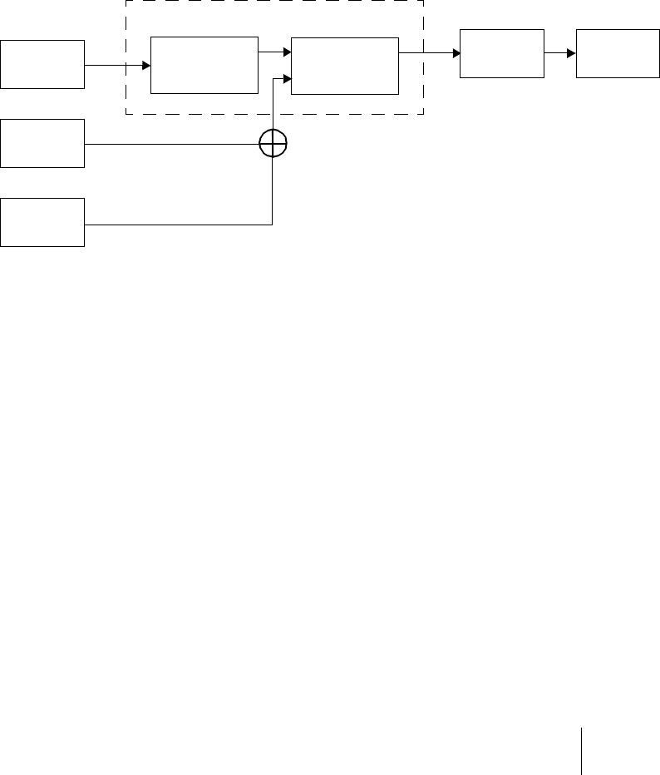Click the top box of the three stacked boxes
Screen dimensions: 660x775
pos(42,64)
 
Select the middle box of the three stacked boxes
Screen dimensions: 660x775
pos(42,143)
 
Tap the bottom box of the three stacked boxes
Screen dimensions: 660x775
pos(42,222)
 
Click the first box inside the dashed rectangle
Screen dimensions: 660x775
pos(204,65)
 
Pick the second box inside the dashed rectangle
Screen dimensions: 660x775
pos(345,65)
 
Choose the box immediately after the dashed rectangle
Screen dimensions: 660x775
pos(502,53)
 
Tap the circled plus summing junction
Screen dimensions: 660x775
pos(273,144)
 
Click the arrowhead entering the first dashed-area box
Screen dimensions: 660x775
pos(146,65)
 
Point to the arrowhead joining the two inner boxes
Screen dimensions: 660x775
pos(287,52)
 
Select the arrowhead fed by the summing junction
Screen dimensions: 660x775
pos(287,79)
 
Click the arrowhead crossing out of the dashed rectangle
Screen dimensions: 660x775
pos(456,53)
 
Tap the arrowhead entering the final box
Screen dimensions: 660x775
pos(571,53)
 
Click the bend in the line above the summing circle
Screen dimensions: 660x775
pos(273,79)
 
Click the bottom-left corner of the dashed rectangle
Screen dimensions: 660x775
pos(126,114)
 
